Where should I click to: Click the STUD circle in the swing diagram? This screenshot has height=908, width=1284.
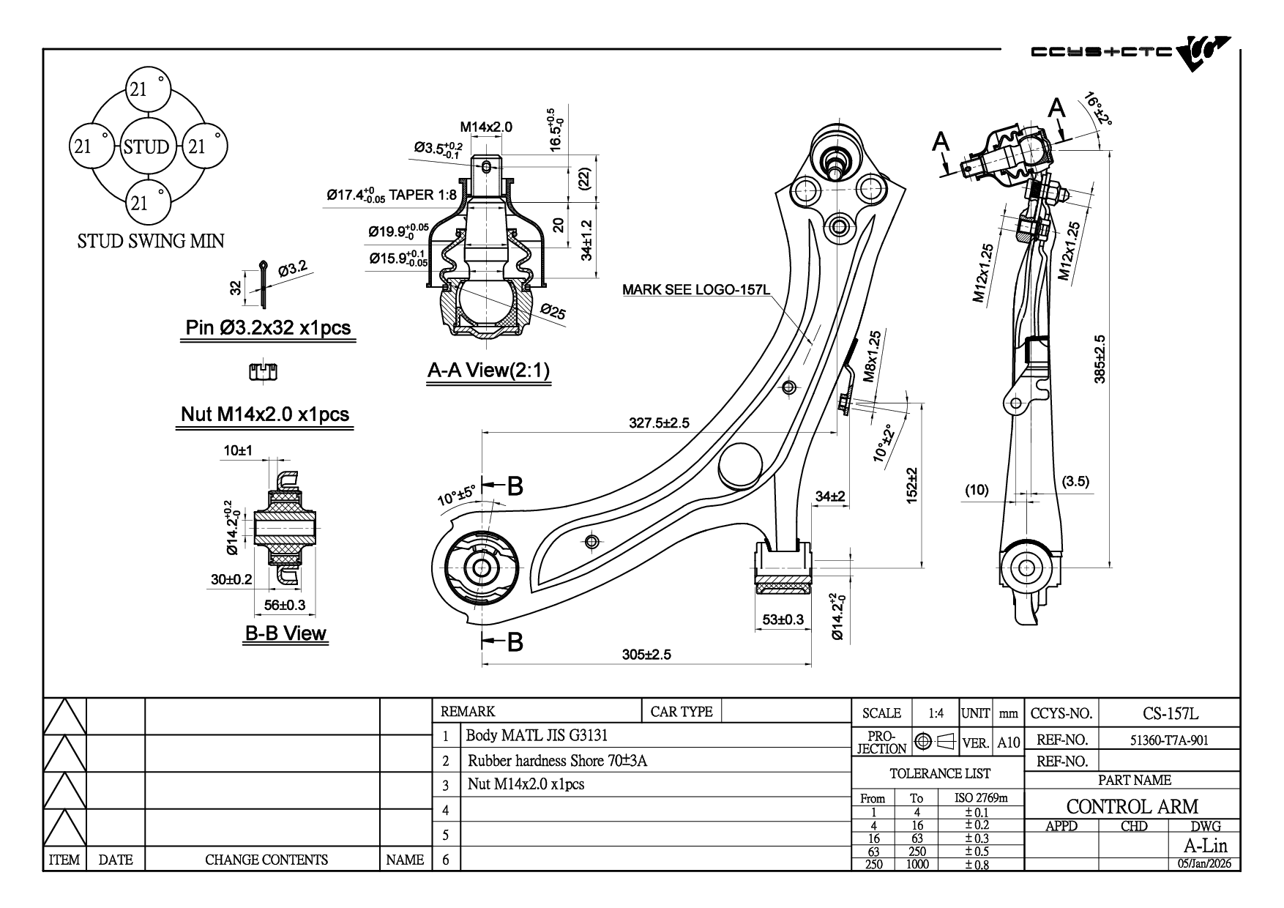point(146,146)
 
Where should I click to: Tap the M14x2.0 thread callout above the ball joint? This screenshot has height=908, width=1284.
point(486,127)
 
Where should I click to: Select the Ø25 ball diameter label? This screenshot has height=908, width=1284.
point(553,312)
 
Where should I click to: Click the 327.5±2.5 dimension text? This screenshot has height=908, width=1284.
point(659,423)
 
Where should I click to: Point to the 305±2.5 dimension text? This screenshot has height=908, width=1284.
point(646,654)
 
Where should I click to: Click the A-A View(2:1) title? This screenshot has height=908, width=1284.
point(488,371)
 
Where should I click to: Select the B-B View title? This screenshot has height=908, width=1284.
point(285,633)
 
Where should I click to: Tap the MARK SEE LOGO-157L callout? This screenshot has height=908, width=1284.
point(695,289)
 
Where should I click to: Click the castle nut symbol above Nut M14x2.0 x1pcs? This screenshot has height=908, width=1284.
point(264,371)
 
